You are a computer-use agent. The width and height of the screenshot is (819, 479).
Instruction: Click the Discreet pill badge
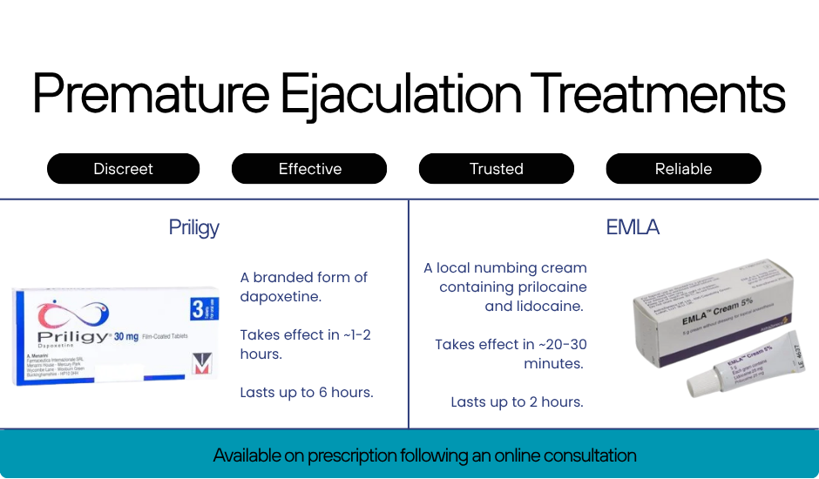[x=123, y=169]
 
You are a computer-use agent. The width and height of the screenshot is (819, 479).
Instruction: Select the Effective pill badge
[x=309, y=169]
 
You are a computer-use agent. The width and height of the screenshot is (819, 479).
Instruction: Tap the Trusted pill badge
[x=496, y=169]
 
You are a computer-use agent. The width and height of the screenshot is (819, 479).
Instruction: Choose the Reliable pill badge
[x=683, y=169]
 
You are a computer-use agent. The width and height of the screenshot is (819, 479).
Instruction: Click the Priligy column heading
[x=193, y=228]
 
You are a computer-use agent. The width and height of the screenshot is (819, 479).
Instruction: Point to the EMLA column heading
[x=633, y=228]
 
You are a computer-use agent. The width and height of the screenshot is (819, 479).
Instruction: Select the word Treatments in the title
[x=657, y=94]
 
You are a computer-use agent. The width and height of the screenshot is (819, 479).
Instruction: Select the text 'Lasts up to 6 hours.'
[x=307, y=393]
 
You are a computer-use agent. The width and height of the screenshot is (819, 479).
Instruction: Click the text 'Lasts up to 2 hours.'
[x=517, y=402]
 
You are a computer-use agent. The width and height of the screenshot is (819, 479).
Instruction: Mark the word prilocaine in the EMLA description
[x=546, y=287]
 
